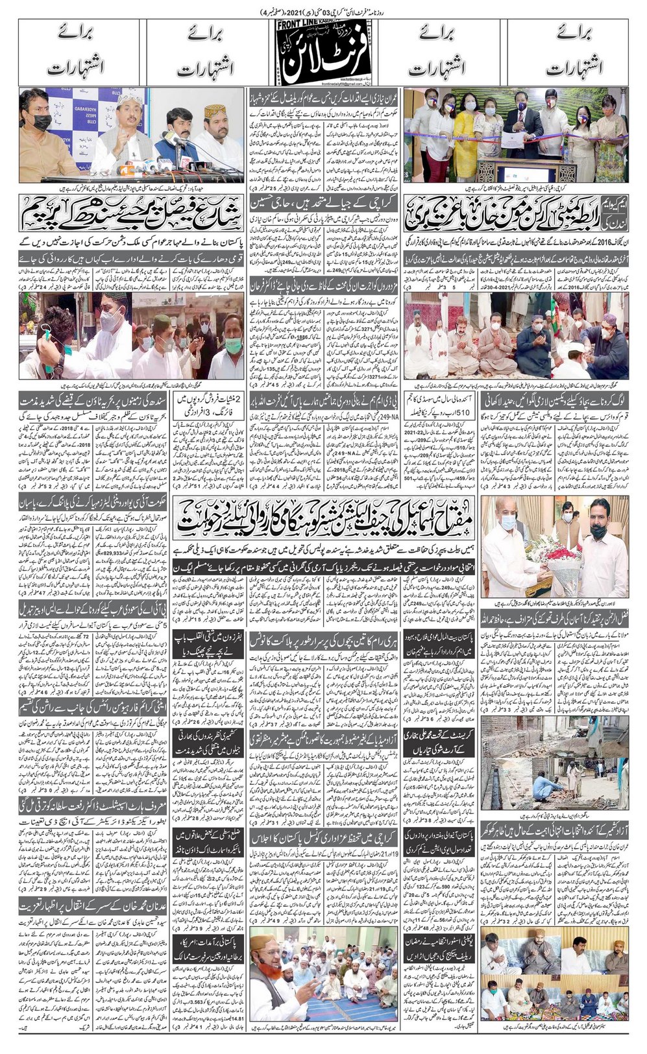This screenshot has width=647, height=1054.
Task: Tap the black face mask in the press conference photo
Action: (41, 121)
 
